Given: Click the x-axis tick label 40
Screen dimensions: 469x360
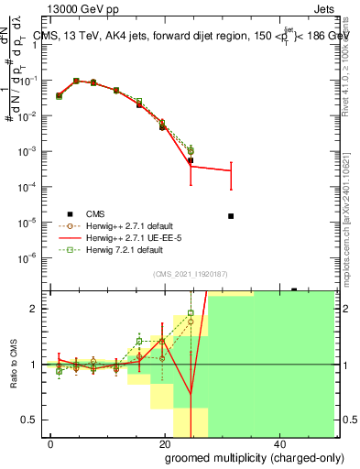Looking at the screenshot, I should (279, 443).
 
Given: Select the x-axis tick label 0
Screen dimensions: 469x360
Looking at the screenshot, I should (50, 443).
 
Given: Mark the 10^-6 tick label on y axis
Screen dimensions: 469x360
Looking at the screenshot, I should (30, 257).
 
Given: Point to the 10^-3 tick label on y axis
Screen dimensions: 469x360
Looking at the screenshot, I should (30, 151).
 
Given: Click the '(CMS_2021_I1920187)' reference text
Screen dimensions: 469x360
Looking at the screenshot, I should (190, 273).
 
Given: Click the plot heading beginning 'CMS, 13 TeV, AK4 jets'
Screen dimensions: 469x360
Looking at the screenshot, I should (183, 36).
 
